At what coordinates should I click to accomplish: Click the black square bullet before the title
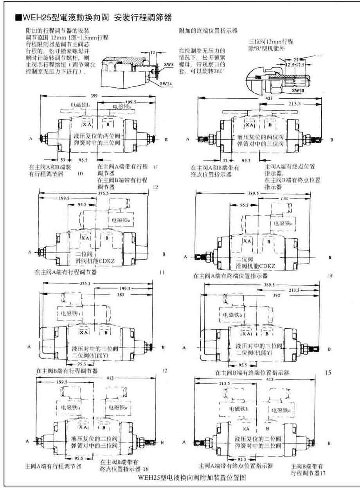click(x=17, y=18)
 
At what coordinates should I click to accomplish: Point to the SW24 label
click(x=167, y=83)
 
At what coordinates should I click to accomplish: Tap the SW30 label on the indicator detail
click(x=298, y=90)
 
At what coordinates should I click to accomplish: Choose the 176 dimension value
click(x=284, y=199)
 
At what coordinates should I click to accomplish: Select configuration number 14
click(x=330, y=276)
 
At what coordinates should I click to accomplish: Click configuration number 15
click(x=328, y=373)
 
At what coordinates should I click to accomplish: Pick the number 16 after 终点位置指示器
click(x=146, y=469)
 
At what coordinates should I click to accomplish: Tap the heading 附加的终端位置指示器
click(x=208, y=31)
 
